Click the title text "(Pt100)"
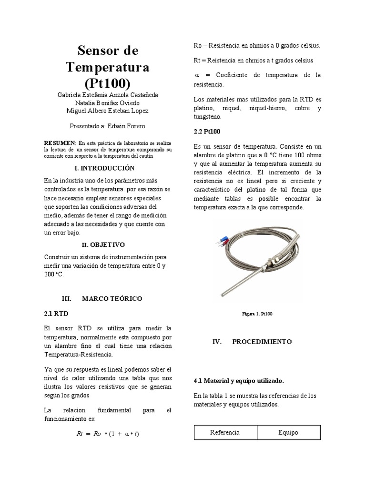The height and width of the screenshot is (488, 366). pos(107,83)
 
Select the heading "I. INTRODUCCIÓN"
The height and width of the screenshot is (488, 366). pos(105,168)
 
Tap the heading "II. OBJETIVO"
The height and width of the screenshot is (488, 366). pos(103,244)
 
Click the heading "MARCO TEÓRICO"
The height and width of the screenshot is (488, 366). pos(112,298)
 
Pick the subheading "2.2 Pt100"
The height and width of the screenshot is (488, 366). pos(207,131)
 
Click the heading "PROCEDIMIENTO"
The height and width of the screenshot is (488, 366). pos(262,342)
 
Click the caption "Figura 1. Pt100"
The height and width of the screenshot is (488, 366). pos(257,314)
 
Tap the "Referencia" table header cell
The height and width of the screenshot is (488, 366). pos(225,433)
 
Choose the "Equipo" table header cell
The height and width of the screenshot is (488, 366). pos(288,433)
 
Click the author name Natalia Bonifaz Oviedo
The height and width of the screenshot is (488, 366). pos(106,102)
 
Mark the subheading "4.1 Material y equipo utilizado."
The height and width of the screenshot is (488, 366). pos(239,381)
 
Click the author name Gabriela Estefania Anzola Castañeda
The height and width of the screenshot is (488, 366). pos(107,95)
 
